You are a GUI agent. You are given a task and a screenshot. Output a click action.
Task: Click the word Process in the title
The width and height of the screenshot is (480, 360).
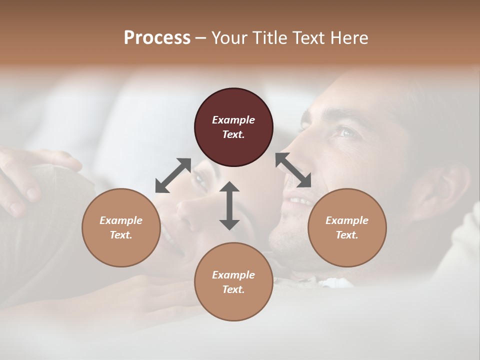(157, 38)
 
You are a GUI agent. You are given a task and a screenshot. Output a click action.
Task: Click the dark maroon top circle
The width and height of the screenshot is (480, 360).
(233, 127)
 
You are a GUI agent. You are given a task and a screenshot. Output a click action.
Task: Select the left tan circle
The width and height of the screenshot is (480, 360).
(121, 228)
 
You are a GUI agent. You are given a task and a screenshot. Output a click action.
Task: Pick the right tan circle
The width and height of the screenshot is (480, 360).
(347, 228)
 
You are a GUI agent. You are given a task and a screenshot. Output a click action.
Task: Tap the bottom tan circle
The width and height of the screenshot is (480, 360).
(233, 281)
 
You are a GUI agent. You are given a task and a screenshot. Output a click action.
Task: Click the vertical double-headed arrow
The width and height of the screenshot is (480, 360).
(229, 205)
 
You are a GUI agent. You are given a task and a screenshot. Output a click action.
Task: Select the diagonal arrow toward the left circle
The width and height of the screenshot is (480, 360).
(173, 175)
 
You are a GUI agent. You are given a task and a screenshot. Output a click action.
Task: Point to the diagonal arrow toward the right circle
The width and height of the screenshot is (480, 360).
(293, 170)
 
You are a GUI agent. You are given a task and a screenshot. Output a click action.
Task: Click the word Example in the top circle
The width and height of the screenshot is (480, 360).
(233, 120)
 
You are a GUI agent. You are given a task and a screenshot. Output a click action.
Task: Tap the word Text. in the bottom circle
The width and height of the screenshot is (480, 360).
(233, 289)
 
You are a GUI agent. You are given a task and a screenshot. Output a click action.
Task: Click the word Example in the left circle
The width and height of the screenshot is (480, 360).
(121, 220)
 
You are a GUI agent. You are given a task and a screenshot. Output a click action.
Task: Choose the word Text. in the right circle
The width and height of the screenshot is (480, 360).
(347, 235)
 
